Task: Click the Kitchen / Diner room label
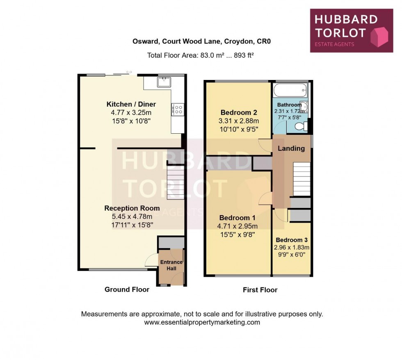click(x=131, y=104)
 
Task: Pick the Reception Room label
click(x=132, y=208)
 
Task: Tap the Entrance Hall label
click(x=171, y=265)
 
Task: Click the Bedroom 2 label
click(x=239, y=113)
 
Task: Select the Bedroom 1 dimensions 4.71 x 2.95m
click(x=238, y=226)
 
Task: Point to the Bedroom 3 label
click(x=292, y=240)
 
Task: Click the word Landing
click(x=291, y=148)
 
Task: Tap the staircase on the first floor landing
click(x=301, y=179)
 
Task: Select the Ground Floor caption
click(x=127, y=289)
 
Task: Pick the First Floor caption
click(x=260, y=290)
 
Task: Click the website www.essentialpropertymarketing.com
click(x=202, y=322)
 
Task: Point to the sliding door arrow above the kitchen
click(x=129, y=72)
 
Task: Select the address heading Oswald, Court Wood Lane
click(x=201, y=41)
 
